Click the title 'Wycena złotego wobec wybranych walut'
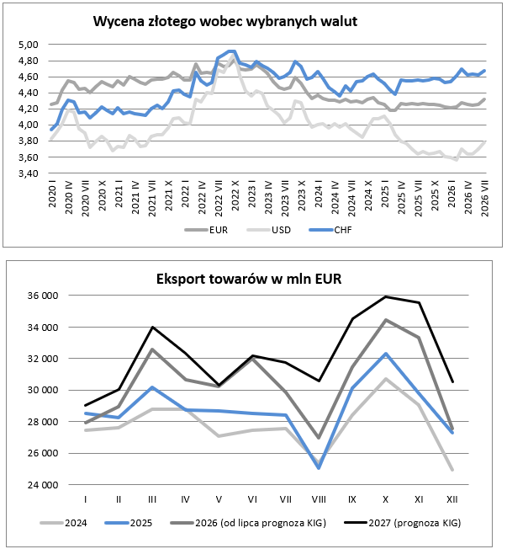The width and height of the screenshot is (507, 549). pos(225,22)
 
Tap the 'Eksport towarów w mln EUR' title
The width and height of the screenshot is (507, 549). pos(249,279)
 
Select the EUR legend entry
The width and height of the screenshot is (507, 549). pos(206,230)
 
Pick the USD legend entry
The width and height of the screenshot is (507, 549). pos(269,230)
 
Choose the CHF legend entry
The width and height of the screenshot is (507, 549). pos(330,230)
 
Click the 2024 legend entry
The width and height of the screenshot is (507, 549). pos(64,523)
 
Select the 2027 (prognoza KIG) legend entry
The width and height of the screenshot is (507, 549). pos(403,523)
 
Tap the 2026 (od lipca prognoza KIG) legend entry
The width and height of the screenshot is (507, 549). pos(248,523)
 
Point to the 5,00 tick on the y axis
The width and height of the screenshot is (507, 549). pos(29,45)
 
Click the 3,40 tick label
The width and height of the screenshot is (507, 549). pos(29,173)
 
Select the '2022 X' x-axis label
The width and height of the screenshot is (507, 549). pos(235,195)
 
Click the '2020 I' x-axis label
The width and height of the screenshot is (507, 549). pos(52,194)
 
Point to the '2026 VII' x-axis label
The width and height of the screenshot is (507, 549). pos(485,199)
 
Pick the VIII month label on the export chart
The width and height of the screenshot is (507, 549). pos(319,499)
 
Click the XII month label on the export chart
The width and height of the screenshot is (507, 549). pos(452,499)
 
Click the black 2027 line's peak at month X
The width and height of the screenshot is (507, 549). pos(386,297)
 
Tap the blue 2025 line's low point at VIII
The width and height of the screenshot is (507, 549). pos(319,468)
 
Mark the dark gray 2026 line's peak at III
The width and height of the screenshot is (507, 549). pos(152,349)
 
